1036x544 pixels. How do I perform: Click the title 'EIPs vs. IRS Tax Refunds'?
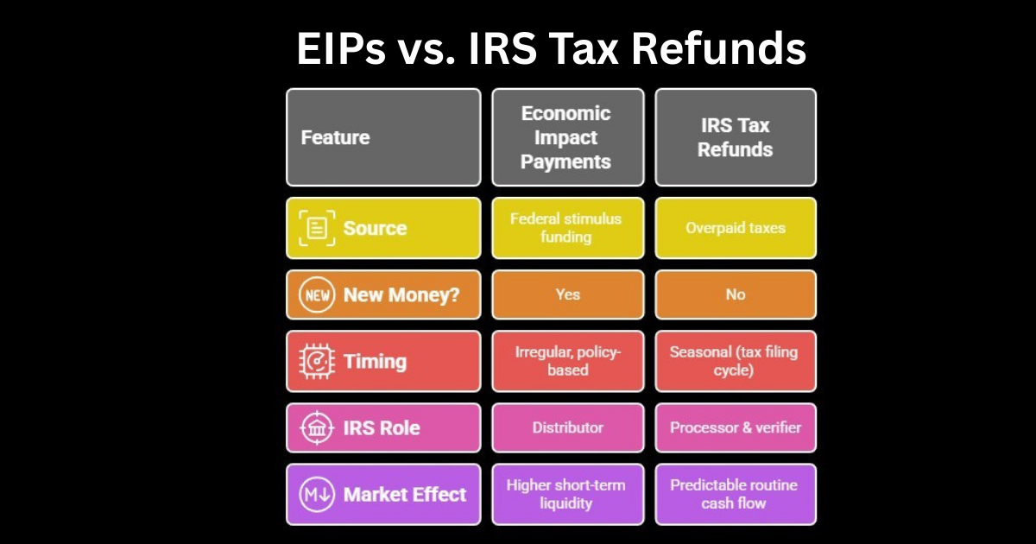551,49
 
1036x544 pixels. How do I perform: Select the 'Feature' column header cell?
383,137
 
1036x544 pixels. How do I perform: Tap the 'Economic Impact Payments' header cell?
567,137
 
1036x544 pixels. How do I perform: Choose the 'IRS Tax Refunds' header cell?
735,137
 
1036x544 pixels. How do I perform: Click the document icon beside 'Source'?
317,228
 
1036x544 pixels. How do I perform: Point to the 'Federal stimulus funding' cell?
567,228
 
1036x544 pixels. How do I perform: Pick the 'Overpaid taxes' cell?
735,228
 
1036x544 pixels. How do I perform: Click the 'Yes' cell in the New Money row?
567,294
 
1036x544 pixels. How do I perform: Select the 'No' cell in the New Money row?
735,294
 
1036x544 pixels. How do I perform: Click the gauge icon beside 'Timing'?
316,361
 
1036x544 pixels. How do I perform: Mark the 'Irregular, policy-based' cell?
567,361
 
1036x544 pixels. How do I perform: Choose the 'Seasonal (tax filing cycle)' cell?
735,361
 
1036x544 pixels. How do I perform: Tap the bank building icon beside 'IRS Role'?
316,427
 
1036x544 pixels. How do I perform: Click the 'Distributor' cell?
567,427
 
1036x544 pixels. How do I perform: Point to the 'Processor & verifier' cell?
735,427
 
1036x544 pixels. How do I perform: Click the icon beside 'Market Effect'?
316,495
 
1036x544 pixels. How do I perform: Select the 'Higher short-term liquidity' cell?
567,495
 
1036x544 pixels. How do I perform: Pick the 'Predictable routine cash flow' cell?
735,495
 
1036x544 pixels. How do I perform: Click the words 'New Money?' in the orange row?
401,294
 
